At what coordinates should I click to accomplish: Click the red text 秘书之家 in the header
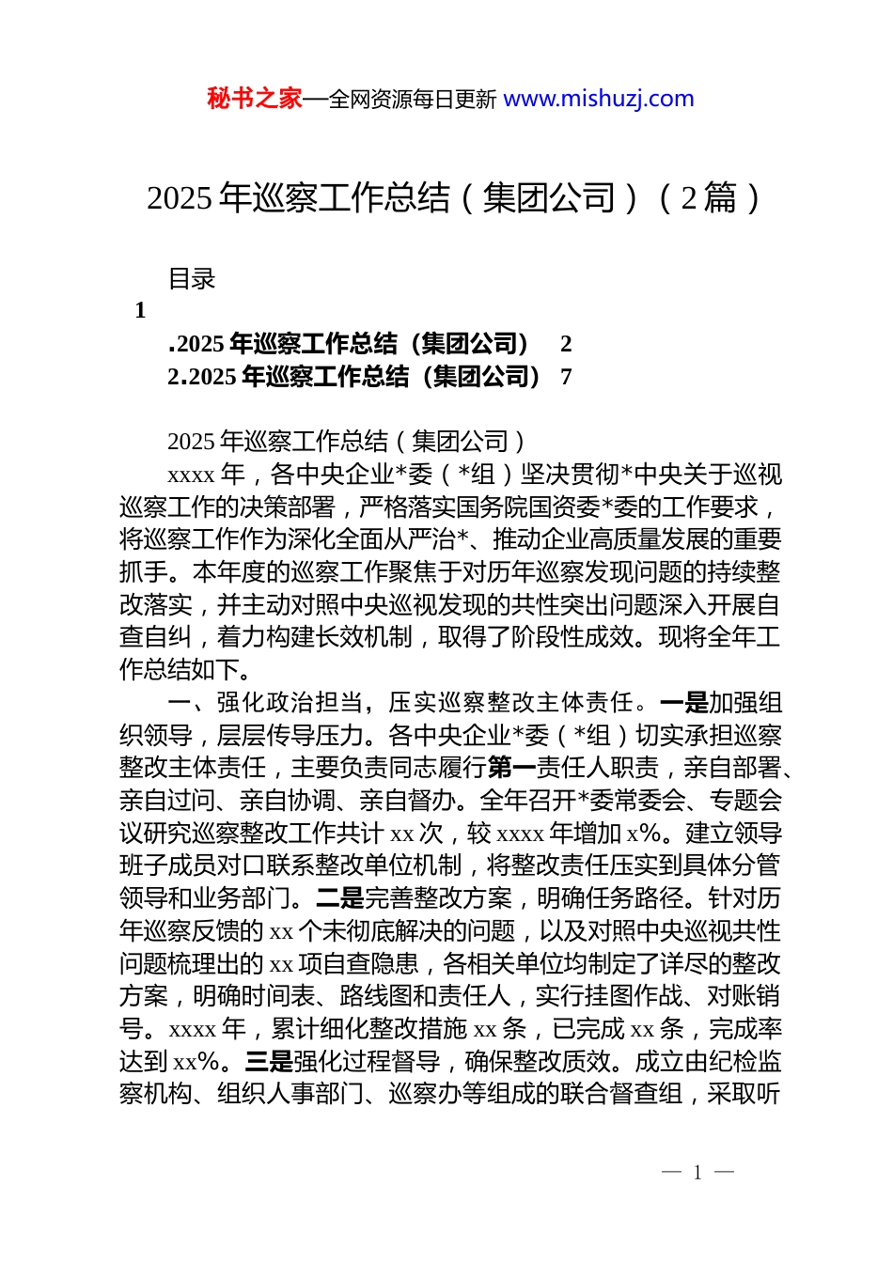coord(255,99)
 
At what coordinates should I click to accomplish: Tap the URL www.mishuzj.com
coord(599,99)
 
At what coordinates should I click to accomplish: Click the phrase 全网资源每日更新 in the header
coord(413,100)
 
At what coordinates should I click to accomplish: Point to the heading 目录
coord(192,279)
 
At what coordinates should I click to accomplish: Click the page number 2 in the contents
coord(566,344)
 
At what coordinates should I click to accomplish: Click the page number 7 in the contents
coord(566,377)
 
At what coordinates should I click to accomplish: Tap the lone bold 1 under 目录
coord(140,311)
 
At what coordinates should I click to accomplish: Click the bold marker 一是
coord(683,703)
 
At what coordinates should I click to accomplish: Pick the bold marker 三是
coord(269,1062)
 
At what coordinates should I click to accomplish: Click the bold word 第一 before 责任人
coord(511,768)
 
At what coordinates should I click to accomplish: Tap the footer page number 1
coord(697,1173)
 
